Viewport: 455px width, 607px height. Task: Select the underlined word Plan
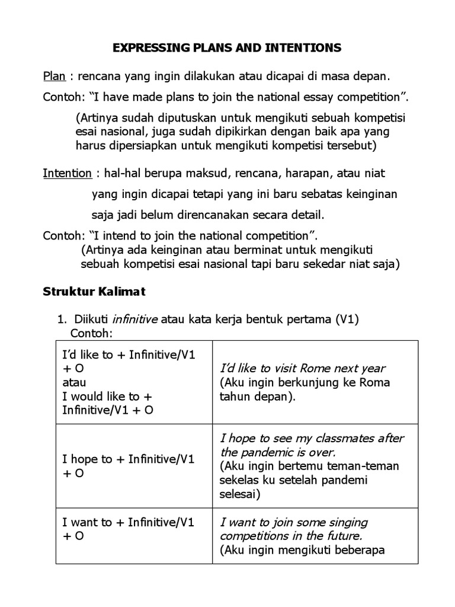tap(53, 76)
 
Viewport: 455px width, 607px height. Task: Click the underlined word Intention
tap(67, 173)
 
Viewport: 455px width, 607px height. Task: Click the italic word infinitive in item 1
tap(136, 320)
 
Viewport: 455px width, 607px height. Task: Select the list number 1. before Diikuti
tap(62, 320)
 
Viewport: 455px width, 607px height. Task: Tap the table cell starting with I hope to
tap(134, 466)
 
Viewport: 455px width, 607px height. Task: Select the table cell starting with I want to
tap(134, 529)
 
